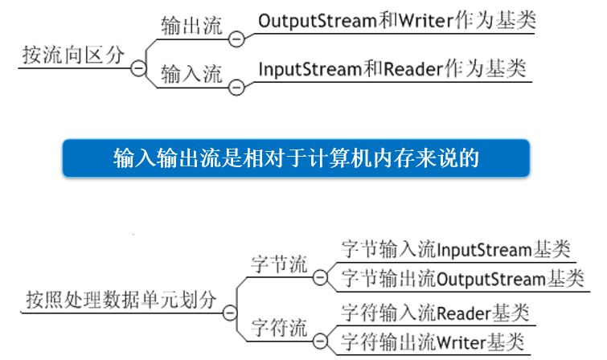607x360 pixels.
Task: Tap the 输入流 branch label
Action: [x=191, y=75]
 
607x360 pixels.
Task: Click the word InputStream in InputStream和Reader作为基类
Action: [x=303, y=68]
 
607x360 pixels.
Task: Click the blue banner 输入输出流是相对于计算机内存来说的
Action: [x=296, y=157]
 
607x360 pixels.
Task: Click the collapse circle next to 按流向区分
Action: [x=138, y=69]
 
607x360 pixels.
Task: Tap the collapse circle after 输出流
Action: [x=236, y=37]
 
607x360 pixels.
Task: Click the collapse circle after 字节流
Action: [x=320, y=278]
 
